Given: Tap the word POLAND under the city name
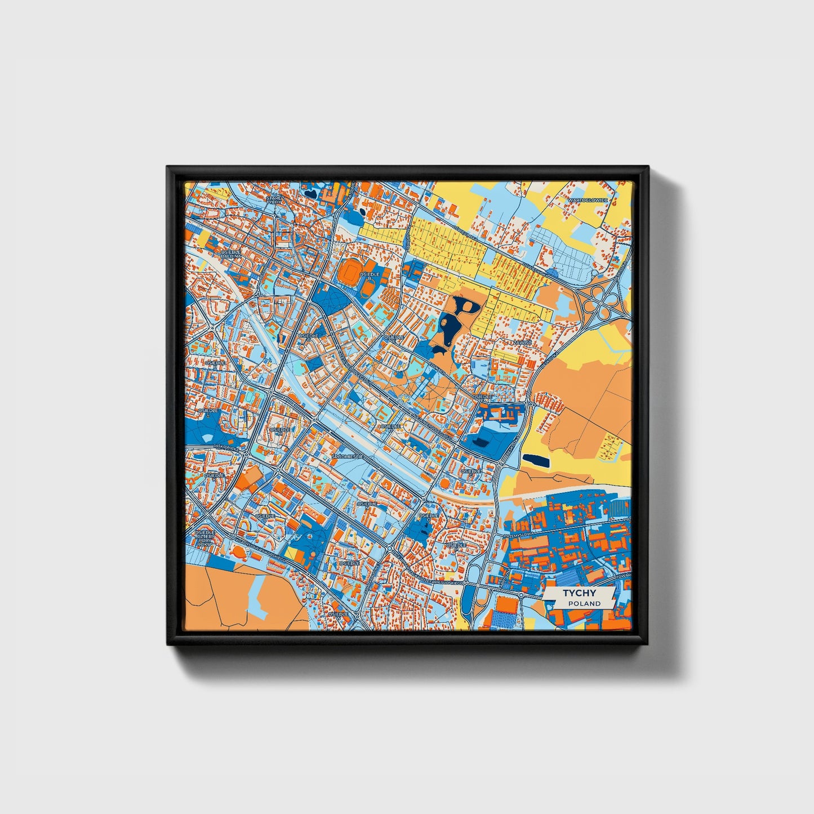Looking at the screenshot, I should (584, 603).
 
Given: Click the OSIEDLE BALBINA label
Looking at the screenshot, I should (231, 253).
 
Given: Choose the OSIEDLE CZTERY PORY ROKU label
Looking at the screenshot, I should (205, 538).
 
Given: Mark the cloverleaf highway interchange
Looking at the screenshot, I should (601, 300).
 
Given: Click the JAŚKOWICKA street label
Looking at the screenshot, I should (224, 447).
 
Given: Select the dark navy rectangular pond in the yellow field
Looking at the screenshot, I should (536, 460).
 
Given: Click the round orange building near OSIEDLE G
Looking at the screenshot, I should (445, 483).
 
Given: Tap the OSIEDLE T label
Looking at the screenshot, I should (349, 563).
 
